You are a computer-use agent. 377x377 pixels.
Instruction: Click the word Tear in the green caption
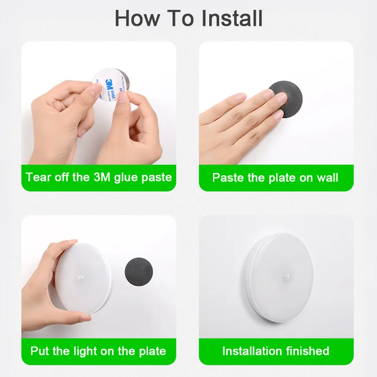[37, 178]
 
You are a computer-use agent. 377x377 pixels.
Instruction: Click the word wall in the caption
[328, 178]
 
